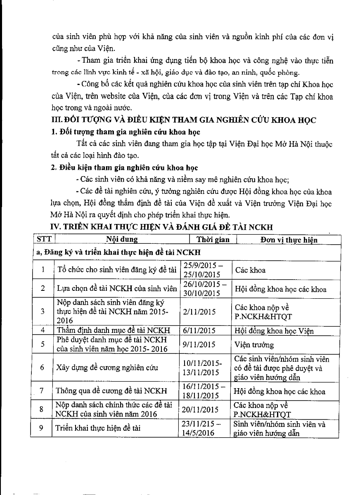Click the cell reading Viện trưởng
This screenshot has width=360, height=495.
point(254,344)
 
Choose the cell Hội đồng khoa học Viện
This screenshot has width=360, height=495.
point(274,330)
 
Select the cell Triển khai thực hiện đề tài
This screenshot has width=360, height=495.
point(98,428)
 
